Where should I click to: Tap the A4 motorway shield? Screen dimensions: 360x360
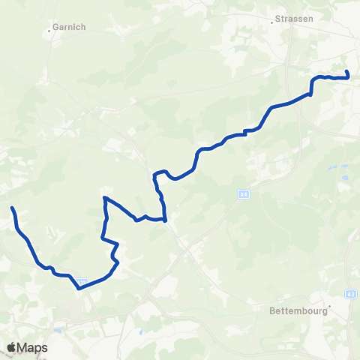point(244,194)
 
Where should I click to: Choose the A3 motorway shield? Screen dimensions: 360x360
point(352,295)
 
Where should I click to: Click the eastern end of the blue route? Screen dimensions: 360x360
point(347,72)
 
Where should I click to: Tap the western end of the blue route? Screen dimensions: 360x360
point(12,208)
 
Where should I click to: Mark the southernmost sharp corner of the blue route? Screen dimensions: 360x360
point(78,287)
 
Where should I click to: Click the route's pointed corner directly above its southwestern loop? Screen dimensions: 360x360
point(104,197)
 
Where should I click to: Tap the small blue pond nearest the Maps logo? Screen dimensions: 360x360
point(57,331)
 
